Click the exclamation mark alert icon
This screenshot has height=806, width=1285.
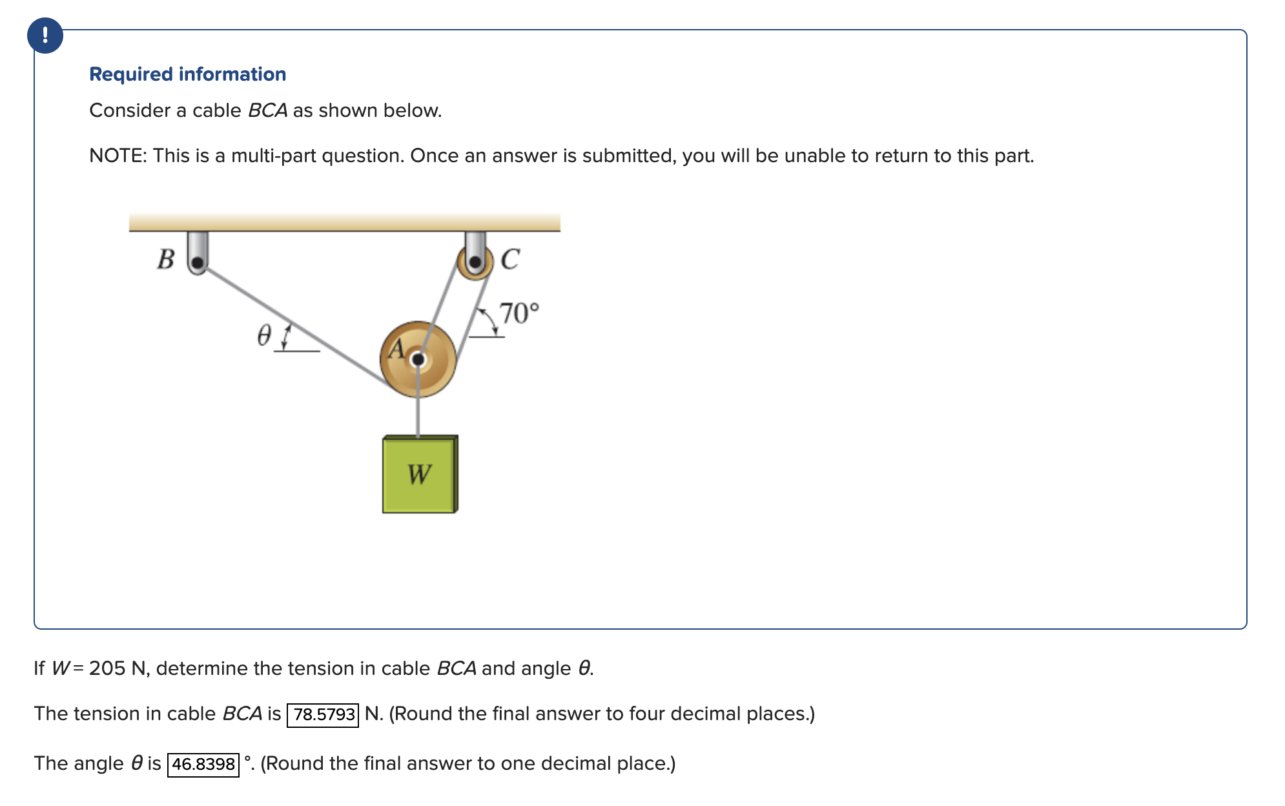tap(45, 35)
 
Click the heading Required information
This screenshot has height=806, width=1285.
tap(187, 74)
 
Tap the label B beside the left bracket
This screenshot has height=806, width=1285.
tap(166, 259)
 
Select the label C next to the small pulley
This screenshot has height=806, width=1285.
tap(510, 259)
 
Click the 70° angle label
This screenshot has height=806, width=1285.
tap(519, 313)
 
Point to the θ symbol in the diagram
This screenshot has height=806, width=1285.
tap(264, 335)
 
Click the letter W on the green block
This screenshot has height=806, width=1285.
tap(419, 475)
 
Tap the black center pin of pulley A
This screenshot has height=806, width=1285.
tap(418, 359)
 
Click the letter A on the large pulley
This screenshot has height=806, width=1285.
tap(396, 349)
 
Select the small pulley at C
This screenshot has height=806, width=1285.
tap(475, 262)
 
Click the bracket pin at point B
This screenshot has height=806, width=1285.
tap(198, 262)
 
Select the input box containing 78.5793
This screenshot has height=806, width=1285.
tap(323, 714)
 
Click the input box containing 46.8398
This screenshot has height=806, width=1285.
tap(203, 764)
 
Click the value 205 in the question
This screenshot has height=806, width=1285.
tap(107, 668)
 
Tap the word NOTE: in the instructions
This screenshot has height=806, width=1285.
tap(118, 156)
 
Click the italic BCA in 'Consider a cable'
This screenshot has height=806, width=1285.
tap(267, 110)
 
